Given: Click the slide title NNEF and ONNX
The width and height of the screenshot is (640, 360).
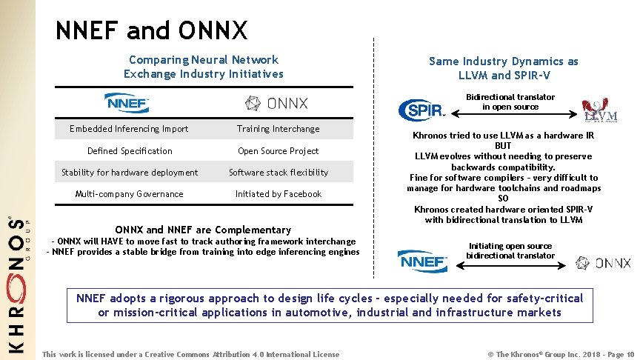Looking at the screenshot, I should point(151,30).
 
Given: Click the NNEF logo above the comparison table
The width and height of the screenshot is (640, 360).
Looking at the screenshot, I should point(127,102).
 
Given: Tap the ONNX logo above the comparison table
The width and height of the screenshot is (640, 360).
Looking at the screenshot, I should point(277,103).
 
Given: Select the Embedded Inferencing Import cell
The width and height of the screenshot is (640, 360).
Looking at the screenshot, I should point(129,129).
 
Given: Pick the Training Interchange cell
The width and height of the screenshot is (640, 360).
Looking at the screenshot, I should point(278,129).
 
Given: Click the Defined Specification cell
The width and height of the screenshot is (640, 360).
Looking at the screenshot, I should point(129,151).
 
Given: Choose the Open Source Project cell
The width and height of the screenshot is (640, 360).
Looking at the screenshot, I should point(278,151).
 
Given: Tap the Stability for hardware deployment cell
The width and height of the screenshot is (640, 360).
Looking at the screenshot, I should point(129,173).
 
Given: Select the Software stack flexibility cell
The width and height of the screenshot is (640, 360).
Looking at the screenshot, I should point(278,173).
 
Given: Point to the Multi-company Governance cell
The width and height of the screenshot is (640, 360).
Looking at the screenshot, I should point(129,194).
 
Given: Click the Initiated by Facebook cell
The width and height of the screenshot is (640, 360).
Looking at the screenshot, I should point(278,194).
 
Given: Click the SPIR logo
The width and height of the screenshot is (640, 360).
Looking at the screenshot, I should point(421,110).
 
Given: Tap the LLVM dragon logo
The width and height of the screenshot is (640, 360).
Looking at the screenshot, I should point(599,110).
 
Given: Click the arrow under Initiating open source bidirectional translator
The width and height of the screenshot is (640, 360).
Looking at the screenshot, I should point(510,263).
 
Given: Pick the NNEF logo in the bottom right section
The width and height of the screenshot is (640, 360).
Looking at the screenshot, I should point(422,261).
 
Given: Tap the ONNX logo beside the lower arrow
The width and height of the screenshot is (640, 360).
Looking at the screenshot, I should point(604,263).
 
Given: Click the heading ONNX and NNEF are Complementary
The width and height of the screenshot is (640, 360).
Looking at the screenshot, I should point(203,230).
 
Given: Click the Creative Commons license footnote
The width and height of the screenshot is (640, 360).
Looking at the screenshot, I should point(191,354).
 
